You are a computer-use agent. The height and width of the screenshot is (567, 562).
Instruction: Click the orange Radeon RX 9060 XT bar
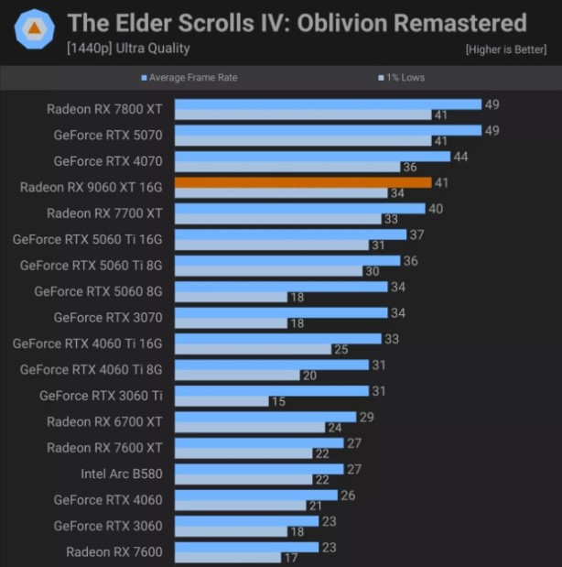pyautogui.click(x=302, y=182)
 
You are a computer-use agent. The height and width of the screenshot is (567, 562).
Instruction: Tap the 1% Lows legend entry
pyautogui.click(x=404, y=78)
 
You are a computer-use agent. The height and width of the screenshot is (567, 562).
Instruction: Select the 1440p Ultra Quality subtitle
pyautogui.click(x=128, y=48)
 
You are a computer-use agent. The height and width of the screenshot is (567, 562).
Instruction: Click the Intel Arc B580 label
pyautogui.click(x=121, y=474)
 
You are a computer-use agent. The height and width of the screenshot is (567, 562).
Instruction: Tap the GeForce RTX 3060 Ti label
pyautogui.click(x=101, y=396)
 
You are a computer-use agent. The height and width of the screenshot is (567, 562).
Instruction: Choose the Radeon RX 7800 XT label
pyautogui.click(x=104, y=109)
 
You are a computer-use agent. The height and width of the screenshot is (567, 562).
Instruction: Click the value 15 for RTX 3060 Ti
pyautogui.click(x=277, y=401)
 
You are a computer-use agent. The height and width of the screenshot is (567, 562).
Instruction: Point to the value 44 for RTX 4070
pyautogui.click(x=460, y=157)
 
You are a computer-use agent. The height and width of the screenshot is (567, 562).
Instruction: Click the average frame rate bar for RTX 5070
pyautogui.click(x=327, y=130)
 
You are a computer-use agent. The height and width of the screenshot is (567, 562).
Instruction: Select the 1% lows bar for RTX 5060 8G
pyautogui.click(x=231, y=297)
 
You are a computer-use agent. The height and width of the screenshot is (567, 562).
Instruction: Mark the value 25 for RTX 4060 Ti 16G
pyautogui.click(x=340, y=349)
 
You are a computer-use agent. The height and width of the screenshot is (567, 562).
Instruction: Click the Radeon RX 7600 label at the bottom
pyautogui.click(x=113, y=551)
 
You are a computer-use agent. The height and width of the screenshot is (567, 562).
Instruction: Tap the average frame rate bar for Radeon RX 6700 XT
pyautogui.click(x=265, y=417)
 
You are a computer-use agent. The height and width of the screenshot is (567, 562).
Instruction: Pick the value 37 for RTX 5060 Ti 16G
pyautogui.click(x=416, y=234)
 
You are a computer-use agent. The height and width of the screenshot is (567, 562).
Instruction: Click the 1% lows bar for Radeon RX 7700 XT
pyautogui.click(x=277, y=219)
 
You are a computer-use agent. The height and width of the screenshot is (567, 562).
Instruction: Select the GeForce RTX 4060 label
pyautogui.click(x=108, y=500)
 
